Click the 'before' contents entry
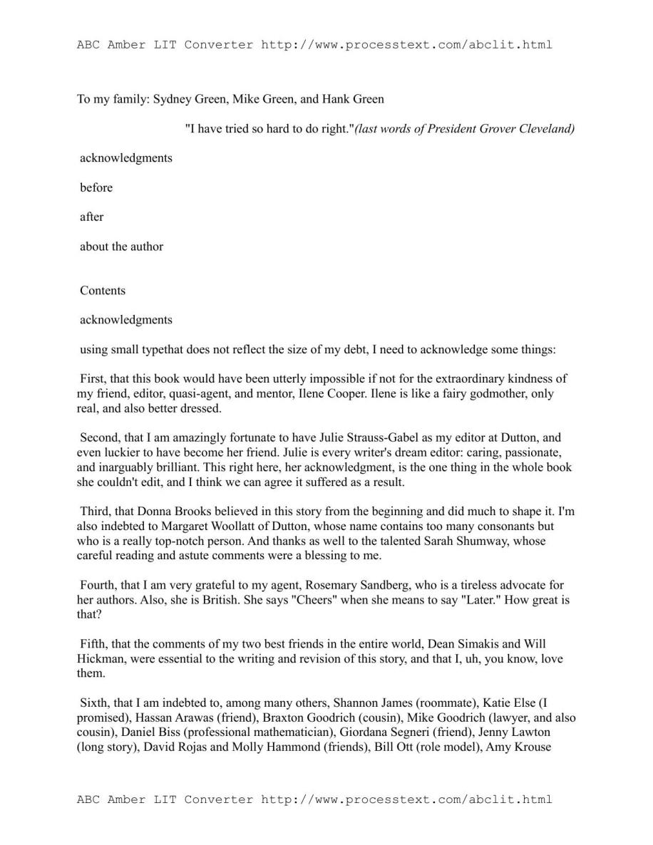pos(96,187)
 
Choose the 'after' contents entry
pos(92,217)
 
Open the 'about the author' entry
pos(122,247)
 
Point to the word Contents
pos(103,291)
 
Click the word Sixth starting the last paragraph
pos(96,703)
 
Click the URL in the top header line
pos(406,45)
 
